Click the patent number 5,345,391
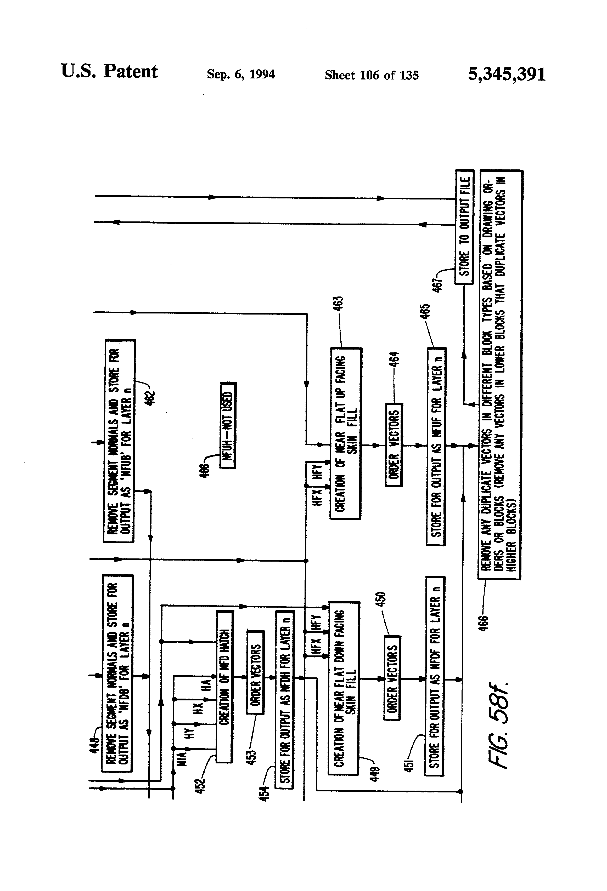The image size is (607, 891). pos(507,74)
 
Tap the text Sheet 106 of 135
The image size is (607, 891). pos(372,75)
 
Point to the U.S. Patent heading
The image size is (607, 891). pos(109,72)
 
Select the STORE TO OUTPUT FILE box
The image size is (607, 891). pos(464,227)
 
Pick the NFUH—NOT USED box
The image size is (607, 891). pos(228,425)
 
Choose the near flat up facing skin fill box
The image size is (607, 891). pos(346,433)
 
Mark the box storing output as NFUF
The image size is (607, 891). pos(436,446)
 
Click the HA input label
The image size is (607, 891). pos(206,685)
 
